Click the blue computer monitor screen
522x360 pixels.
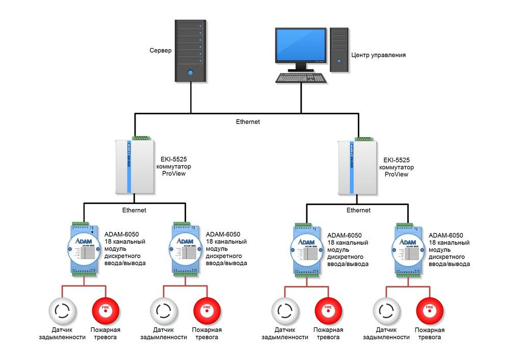[x=301, y=45]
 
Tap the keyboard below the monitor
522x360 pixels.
[x=301, y=78]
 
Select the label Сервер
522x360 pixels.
[x=161, y=51]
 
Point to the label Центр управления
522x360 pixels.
[x=378, y=55]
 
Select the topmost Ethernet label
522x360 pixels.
[x=248, y=122]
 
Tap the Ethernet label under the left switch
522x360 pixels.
[x=134, y=210]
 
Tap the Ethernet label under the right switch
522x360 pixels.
[x=358, y=210]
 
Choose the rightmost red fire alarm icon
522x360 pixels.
[x=430, y=311]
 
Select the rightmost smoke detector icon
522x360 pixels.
[x=387, y=311]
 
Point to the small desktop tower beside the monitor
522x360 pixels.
[x=339, y=49]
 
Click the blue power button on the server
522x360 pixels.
[x=191, y=72]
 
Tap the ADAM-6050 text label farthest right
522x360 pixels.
[x=446, y=236]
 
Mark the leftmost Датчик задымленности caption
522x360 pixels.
[x=62, y=333]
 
